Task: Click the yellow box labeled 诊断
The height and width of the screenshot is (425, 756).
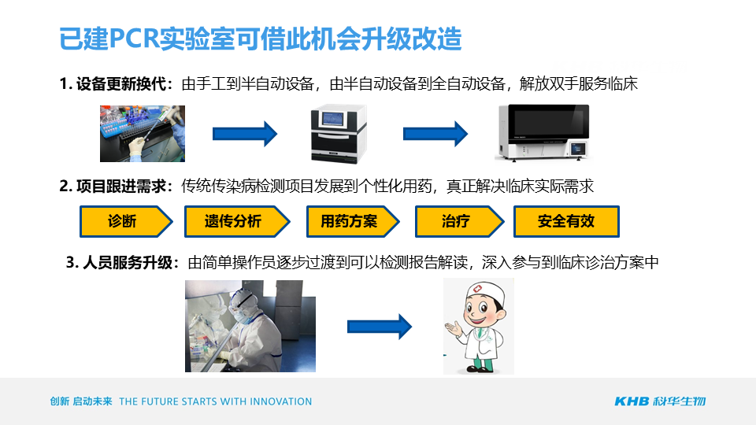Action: coord(125,222)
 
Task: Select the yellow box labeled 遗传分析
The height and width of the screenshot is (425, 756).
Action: coord(237,222)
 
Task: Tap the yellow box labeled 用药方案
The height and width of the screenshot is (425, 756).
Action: coord(353,222)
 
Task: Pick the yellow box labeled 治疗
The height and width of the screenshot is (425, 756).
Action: coord(459,222)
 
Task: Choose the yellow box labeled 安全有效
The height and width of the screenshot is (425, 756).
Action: coord(566,222)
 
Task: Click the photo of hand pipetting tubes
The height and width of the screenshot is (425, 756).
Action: coord(143,134)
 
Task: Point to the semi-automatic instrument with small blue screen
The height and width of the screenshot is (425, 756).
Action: coord(339,134)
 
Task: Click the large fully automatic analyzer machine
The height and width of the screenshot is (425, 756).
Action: coord(543,132)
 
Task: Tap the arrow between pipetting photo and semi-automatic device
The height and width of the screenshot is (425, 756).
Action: coord(245,134)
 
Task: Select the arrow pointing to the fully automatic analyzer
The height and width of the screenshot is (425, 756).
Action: coord(435,134)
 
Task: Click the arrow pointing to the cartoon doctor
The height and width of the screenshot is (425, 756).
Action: coord(380,327)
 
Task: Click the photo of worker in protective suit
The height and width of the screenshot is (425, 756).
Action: coord(250,326)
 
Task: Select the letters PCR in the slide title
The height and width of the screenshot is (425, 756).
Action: coord(135,39)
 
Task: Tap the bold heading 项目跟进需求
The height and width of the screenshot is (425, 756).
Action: coord(121,186)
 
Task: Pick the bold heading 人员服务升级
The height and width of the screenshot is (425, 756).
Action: coord(128,263)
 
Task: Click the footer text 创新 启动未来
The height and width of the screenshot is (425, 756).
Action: coord(81,401)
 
